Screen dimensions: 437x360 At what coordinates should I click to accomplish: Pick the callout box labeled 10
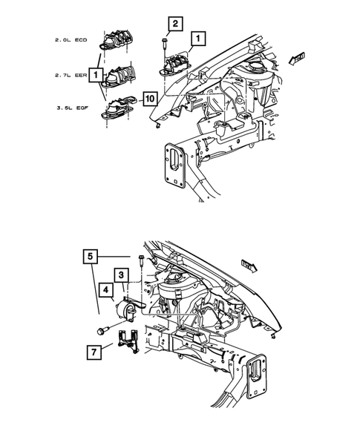150,99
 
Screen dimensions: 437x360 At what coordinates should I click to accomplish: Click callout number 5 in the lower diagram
90,258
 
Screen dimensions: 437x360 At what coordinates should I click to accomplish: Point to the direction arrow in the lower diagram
251,262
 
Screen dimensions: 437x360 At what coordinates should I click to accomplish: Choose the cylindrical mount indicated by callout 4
125,311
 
